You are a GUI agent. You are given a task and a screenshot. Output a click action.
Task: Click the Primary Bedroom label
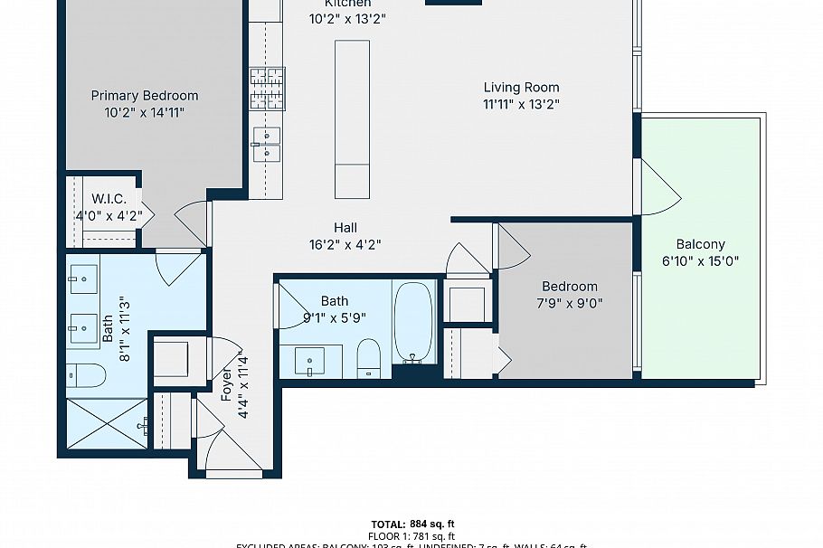pyautogui.click(x=145, y=96)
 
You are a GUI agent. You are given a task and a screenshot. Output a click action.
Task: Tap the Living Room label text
pyautogui.click(x=521, y=88)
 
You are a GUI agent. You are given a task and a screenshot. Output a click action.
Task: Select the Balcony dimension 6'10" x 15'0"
pyautogui.click(x=701, y=263)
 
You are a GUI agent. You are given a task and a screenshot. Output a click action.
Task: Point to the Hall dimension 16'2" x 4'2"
pyautogui.click(x=345, y=243)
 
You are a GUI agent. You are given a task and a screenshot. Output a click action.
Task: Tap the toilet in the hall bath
pyautogui.click(x=369, y=356)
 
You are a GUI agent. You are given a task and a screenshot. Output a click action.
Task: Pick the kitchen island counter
pyautogui.click(x=352, y=118)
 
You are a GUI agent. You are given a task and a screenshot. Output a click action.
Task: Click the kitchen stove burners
pyautogui.click(x=268, y=88)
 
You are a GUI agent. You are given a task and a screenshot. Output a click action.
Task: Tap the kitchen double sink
pyautogui.click(x=267, y=144)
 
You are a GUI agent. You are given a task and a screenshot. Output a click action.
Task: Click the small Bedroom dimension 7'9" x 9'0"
pyautogui.click(x=570, y=303)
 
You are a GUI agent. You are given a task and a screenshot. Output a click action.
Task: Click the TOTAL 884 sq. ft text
pyautogui.click(x=412, y=524)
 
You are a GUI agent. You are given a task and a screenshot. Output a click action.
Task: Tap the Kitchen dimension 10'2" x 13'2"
pyautogui.click(x=348, y=18)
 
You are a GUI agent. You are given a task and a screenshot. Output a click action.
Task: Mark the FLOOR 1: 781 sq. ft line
pyautogui.click(x=412, y=536)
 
